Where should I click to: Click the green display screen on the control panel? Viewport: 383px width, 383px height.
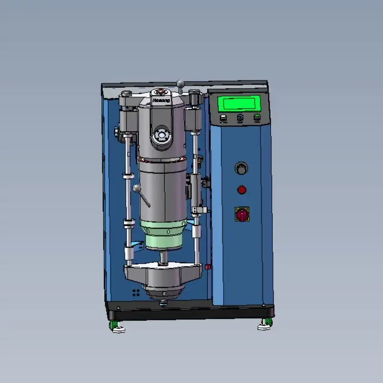point(239,104)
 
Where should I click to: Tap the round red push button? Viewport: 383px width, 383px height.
point(242,190)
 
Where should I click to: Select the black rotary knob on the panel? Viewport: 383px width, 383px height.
point(241,169)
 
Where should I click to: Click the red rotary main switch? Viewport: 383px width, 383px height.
point(242,214)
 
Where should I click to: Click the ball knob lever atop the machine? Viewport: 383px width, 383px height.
point(180,85)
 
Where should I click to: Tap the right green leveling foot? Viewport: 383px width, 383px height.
point(264,326)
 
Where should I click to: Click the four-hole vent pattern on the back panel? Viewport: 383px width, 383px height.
point(136,292)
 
